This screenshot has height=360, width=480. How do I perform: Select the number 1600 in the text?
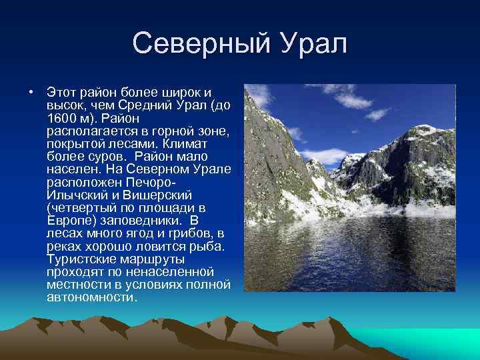tap(61, 117)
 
